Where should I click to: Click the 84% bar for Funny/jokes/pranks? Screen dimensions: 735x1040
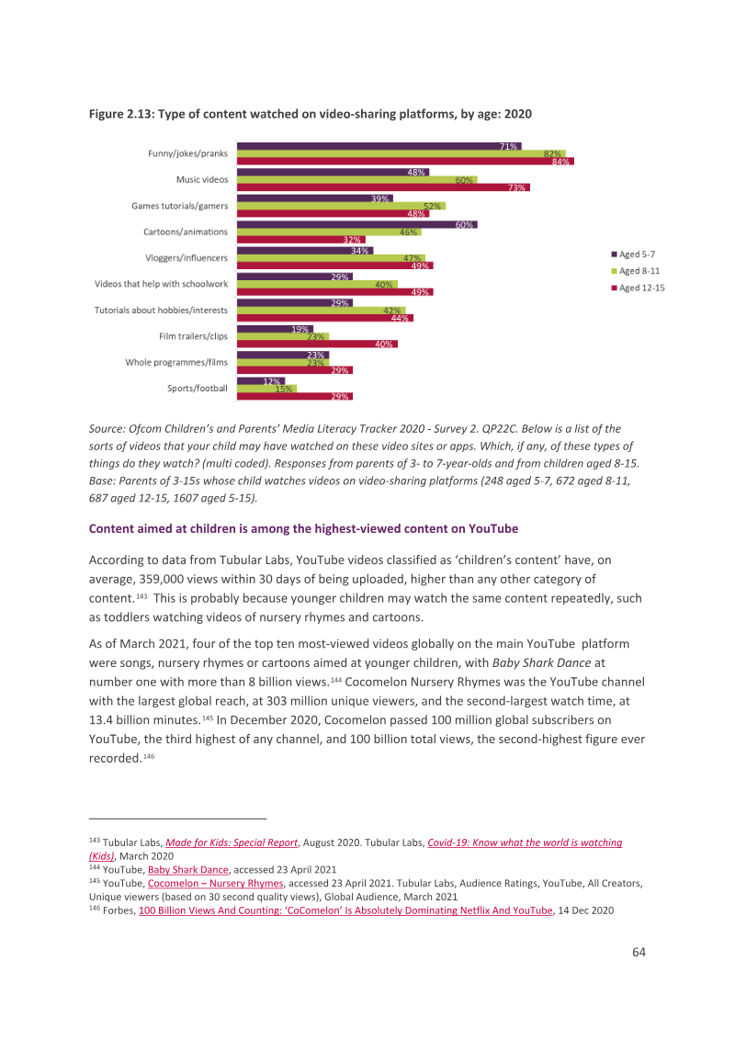[405, 161]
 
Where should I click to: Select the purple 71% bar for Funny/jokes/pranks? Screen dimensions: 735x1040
[379, 146]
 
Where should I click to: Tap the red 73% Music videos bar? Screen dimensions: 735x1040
[383, 187]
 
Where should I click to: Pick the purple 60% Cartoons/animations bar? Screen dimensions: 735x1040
[357, 224]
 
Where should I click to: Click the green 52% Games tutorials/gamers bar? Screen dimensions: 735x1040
[342, 206]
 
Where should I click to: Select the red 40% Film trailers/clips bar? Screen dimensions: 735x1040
[318, 344]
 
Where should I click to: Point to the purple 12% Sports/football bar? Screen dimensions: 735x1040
[261, 380]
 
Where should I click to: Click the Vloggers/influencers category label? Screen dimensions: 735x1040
[187, 258]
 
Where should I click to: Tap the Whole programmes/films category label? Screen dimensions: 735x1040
[176, 362]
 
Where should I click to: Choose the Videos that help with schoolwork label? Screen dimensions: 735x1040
[161, 284]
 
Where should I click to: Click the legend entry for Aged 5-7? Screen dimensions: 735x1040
[634, 254]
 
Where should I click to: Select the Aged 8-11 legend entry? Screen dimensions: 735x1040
[636, 271]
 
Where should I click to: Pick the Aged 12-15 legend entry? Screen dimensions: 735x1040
[639, 288]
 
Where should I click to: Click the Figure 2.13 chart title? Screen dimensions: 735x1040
[311, 114]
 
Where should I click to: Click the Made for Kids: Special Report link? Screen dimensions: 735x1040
[232, 842]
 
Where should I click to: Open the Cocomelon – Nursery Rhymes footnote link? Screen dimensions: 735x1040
[216, 884]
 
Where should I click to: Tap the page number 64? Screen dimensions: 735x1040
[639, 952]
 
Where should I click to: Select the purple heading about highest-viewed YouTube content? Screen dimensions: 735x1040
[304, 528]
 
